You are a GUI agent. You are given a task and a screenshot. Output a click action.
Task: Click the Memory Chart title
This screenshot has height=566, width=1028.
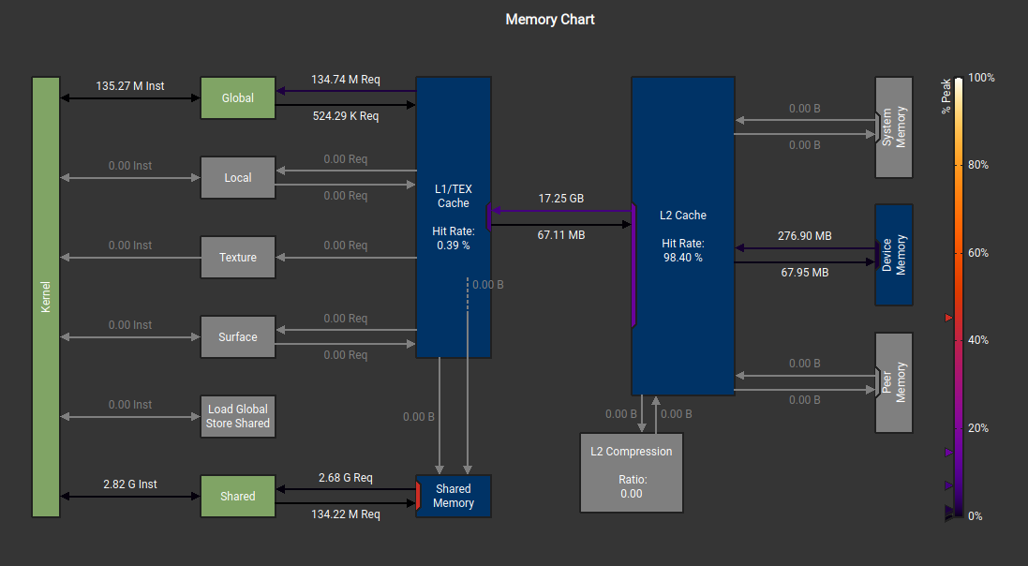[x=550, y=19]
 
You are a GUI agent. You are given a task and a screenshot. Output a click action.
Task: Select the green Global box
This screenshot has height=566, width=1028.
[x=238, y=97]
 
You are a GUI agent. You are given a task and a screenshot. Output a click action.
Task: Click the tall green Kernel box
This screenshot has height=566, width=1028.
[x=46, y=296]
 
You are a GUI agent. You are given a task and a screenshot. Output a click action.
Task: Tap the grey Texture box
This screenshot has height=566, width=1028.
[x=238, y=257]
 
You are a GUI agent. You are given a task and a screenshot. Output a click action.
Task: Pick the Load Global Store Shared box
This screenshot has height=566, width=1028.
[x=238, y=416]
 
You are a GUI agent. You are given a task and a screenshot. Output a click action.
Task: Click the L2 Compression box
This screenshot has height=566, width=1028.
[x=631, y=472]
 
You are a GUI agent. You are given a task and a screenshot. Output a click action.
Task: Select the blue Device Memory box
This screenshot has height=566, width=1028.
[x=893, y=255]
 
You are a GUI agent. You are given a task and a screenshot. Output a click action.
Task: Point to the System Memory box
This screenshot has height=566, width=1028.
[x=893, y=127]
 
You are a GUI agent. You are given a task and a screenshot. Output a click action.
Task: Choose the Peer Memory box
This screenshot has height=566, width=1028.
[x=893, y=382]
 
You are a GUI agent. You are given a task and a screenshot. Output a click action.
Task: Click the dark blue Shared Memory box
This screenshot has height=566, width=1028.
[x=454, y=496]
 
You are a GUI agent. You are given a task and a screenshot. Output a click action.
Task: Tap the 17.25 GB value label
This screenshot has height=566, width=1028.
[x=561, y=199]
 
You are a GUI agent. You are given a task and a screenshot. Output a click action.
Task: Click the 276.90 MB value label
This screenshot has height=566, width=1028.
[x=805, y=236]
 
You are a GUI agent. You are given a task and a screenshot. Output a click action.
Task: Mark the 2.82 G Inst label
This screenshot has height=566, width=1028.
[x=129, y=484]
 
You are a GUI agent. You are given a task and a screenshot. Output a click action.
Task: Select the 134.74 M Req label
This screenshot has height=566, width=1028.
[x=346, y=80]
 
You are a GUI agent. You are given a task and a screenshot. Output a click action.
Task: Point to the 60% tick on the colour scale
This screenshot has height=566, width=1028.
[x=977, y=253]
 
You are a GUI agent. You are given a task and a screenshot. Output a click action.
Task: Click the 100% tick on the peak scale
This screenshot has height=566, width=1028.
[x=980, y=78]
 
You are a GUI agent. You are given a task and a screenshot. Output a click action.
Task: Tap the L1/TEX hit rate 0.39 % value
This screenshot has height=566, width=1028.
[x=454, y=245]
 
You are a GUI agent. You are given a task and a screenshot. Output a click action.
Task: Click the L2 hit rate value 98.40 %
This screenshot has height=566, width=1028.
[x=682, y=257]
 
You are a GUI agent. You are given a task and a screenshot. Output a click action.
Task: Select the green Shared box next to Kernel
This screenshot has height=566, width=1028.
[x=238, y=496]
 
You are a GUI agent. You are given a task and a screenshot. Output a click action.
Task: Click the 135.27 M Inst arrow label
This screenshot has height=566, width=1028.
[x=129, y=86]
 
